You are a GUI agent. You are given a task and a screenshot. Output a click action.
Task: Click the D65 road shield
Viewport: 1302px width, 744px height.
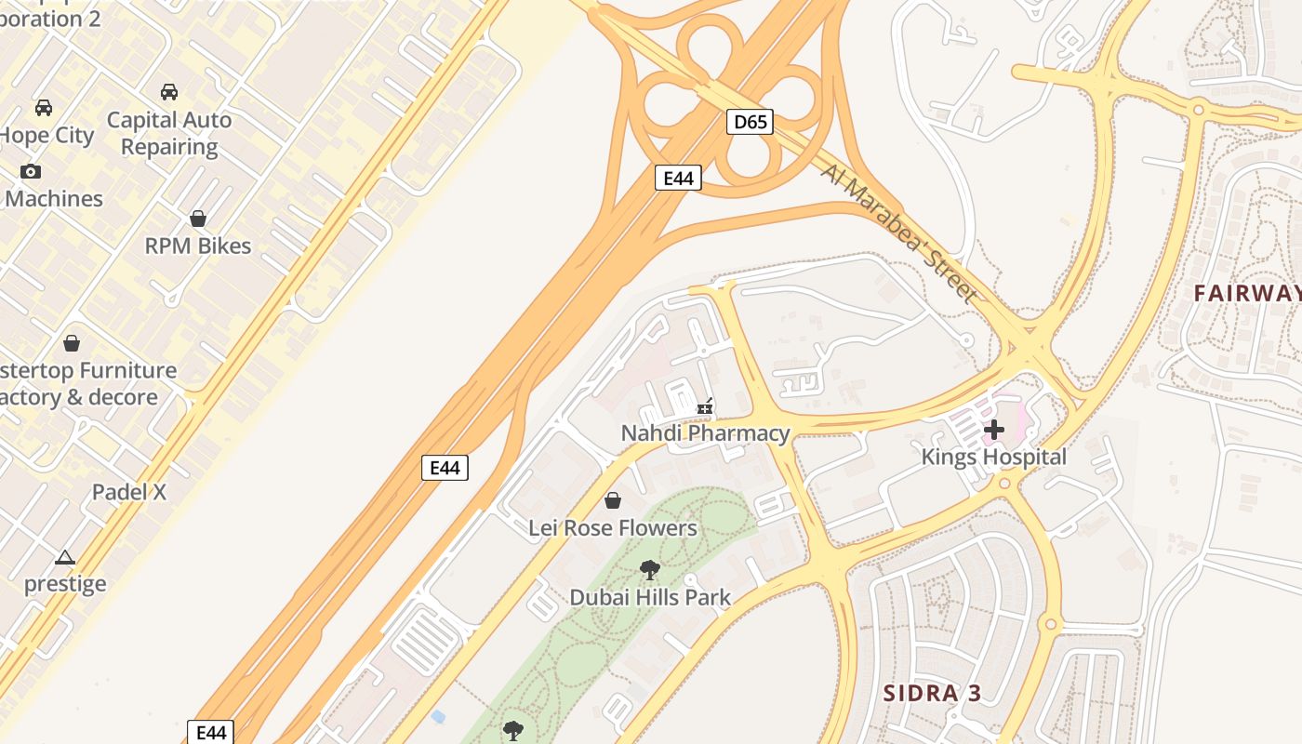pos(750,122)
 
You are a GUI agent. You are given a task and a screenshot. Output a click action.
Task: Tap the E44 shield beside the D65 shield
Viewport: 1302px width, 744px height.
pos(678,178)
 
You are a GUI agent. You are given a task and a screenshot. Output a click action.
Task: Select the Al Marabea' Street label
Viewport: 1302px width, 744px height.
pos(899,232)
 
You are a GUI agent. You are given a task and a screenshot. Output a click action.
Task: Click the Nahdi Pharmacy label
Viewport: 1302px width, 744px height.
pos(705,433)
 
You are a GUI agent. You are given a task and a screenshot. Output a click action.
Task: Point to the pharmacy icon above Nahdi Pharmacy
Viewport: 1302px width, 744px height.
pos(706,406)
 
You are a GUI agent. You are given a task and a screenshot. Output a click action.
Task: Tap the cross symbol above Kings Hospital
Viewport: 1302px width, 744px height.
pos(994,430)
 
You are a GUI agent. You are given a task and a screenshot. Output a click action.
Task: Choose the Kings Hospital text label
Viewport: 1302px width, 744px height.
pos(993,457)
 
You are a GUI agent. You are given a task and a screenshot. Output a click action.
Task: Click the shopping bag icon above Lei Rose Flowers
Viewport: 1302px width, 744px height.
pos(613,501)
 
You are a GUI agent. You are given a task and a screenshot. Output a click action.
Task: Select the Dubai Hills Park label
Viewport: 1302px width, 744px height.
pos(650,598)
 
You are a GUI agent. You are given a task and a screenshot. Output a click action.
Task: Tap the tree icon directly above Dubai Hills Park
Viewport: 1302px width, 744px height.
pos(650,570)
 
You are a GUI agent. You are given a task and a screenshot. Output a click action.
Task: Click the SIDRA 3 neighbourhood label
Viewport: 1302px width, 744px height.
pos(932,693)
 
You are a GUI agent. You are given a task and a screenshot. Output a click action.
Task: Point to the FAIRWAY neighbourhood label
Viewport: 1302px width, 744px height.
pos(1247,293)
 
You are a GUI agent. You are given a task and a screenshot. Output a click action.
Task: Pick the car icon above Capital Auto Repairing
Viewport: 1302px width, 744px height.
pos(169,92)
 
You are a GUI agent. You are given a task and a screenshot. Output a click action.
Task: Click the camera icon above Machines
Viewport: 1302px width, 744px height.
pos(31,171)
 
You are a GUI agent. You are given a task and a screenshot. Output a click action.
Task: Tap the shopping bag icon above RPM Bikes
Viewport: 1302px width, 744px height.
pos(198,219)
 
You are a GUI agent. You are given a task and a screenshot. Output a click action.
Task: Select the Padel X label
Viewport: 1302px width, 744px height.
pos(129,492)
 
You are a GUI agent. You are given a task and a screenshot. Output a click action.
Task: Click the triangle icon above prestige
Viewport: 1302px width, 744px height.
pos(64,558)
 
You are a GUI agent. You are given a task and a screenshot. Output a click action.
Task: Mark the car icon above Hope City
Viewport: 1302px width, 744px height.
pos(44,108)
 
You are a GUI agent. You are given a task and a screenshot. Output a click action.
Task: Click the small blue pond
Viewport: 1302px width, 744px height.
pos(438,716)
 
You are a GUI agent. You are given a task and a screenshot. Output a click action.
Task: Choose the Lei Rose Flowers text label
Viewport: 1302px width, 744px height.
pos(613,528)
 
